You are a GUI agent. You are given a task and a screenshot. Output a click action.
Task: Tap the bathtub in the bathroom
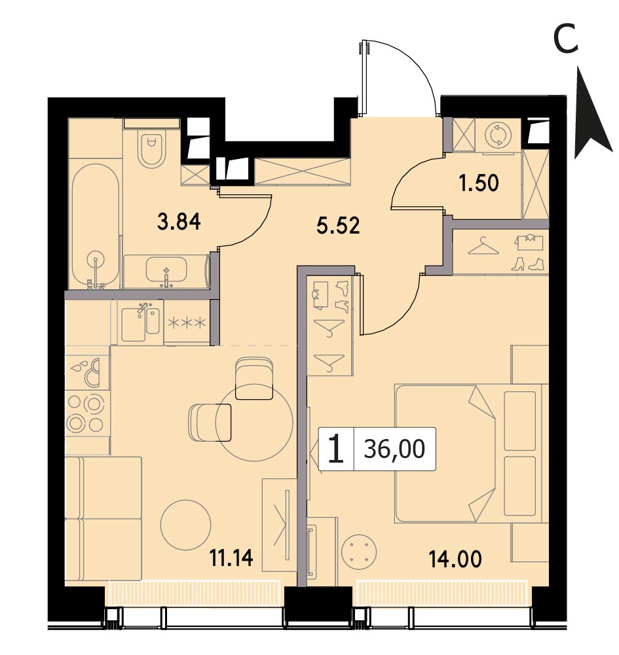coord(96,226)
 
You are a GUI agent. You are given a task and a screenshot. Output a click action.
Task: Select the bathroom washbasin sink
coord(166,270)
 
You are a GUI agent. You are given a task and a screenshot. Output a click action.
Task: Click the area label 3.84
coord(179,221)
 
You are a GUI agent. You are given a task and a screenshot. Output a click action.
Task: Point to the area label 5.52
coord(338,226)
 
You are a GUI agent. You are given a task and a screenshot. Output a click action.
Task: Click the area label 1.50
coord(479,183)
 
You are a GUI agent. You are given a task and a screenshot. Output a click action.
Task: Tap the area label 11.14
coord(231,558)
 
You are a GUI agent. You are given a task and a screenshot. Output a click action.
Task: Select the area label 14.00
coord(455,559)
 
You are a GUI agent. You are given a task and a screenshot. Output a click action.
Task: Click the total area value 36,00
coord(394,449)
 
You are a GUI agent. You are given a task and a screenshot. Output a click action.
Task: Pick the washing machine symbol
coord(498,135)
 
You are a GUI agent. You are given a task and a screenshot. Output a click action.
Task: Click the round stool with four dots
coord(359,551)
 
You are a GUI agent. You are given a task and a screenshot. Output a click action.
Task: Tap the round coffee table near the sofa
coord(185,525)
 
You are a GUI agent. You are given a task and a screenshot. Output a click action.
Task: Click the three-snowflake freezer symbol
coord(187,323)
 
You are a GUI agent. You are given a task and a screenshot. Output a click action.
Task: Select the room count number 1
coord(335,449)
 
